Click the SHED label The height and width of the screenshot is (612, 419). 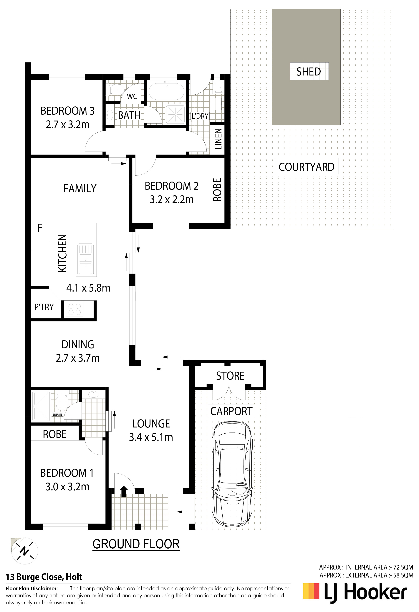(309, 72)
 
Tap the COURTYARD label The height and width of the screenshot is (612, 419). (307, 167)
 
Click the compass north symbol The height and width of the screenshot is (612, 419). (24, 551)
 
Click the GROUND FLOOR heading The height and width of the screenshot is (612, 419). (136, 544)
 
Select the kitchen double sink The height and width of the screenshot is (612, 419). (85, 259)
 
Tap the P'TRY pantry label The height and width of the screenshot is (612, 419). (44, 307)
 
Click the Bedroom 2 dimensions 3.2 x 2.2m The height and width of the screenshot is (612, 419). (172, 199)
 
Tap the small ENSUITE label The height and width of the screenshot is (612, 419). (57, 414)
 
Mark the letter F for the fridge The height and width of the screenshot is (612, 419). (40, 228)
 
